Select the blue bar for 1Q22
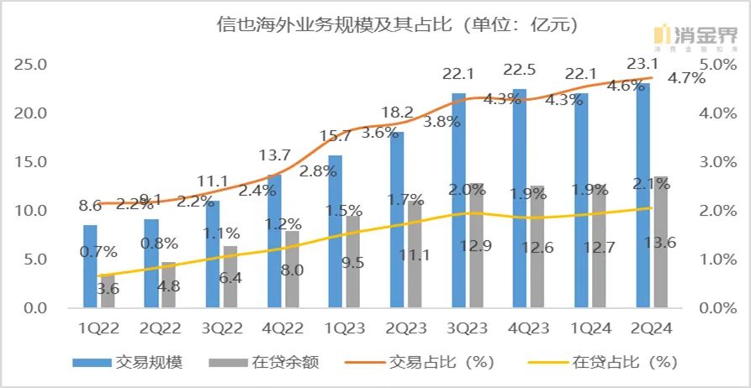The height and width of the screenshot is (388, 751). [x=90, y=266]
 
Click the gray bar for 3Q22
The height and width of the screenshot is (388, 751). [x=229, y=277]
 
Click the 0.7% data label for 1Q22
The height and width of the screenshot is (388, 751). [x=98, y=250]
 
